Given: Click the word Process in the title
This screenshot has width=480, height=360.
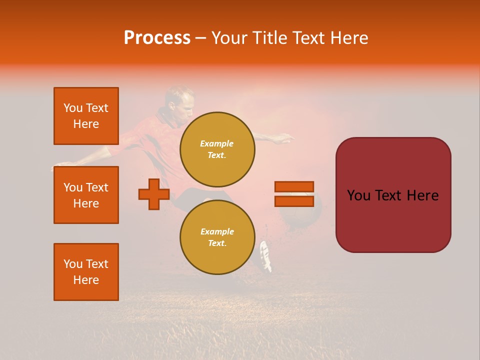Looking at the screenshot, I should click(x=157, y=38).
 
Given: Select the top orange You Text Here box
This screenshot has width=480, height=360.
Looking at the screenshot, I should click(x=86, y=116).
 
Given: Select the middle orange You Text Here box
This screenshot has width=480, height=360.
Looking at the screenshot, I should click(x=86, y=195).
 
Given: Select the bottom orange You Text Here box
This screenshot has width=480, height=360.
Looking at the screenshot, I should click(x=86, y=272).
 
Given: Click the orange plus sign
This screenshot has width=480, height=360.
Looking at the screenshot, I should click(x=154, y=194).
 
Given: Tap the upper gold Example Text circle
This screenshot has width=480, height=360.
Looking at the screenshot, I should click(x=217, y=149).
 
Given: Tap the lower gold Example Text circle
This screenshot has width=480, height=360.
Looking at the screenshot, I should click(x=217, y=237).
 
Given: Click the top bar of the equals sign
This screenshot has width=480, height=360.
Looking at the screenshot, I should click(x=294, y=186).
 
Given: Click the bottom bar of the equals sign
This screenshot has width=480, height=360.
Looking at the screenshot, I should click(x=294, y=201).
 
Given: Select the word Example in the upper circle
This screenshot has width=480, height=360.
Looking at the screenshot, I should click(x=217, y=143).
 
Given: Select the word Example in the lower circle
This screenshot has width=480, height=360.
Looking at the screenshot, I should click(x=217, y=231).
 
